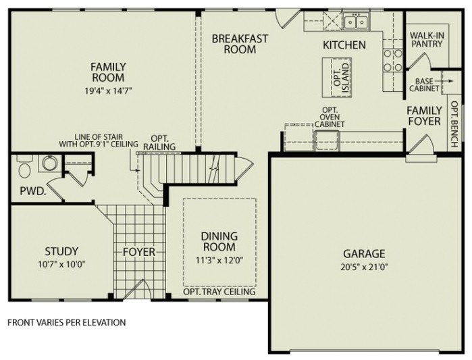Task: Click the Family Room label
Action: pos(108,72)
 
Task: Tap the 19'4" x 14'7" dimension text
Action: pos(108,90)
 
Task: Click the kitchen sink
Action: pos(355,22)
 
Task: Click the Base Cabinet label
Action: pos(423,84)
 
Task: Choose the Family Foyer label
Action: pos(424,115)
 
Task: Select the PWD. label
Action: pos(32,191)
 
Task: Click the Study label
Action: pos(61,251)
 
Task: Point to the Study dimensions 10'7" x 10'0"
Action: pos(61,264)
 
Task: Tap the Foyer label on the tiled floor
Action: pos(138,252)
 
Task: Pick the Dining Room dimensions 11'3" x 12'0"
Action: pos(219,259)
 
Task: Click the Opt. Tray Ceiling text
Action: pos(219,292)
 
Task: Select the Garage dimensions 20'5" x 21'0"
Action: pos(363,266)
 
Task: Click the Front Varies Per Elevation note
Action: pos(66,322)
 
